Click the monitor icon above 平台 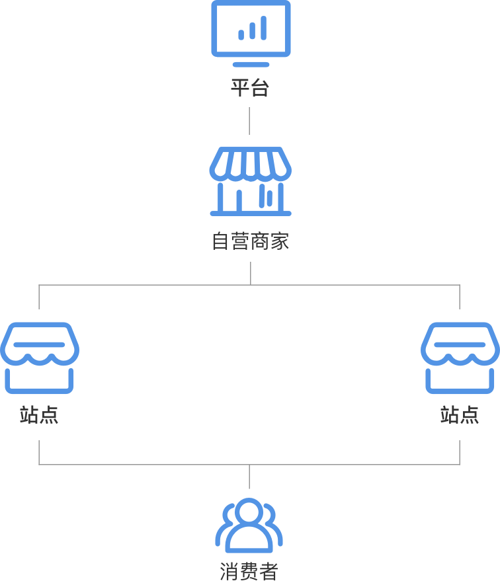251,34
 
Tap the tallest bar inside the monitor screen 264,28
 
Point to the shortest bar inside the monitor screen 241,34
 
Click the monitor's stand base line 251,65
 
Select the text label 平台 250,88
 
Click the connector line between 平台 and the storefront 249,121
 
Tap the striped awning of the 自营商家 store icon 251,164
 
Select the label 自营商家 251,241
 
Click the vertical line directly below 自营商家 251,273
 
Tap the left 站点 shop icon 40,358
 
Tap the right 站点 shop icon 460,358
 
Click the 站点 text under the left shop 39,415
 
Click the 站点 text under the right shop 460,415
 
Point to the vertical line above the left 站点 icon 39,297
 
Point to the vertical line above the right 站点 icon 460,297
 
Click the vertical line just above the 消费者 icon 249,477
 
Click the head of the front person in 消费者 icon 249,511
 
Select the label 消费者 249,572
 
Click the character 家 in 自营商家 280,241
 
